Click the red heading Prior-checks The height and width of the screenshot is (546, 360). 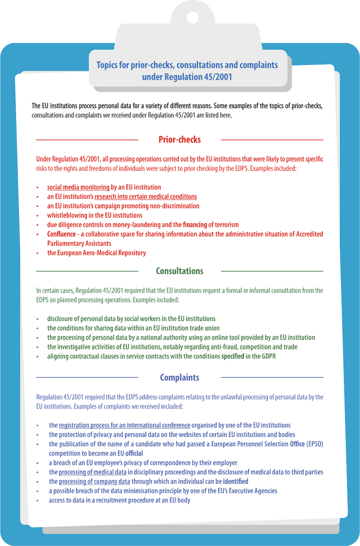(180, 140)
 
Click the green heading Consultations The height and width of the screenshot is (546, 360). (180, 271)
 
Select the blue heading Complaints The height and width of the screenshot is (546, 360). (180, 377)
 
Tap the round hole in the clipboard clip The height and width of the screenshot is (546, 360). (193, 18)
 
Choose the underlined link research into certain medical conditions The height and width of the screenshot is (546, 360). (146, 196)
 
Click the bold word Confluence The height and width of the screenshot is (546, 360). (61, 234)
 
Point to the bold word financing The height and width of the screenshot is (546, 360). (194, 225)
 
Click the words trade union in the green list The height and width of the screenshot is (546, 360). (205, 328)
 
